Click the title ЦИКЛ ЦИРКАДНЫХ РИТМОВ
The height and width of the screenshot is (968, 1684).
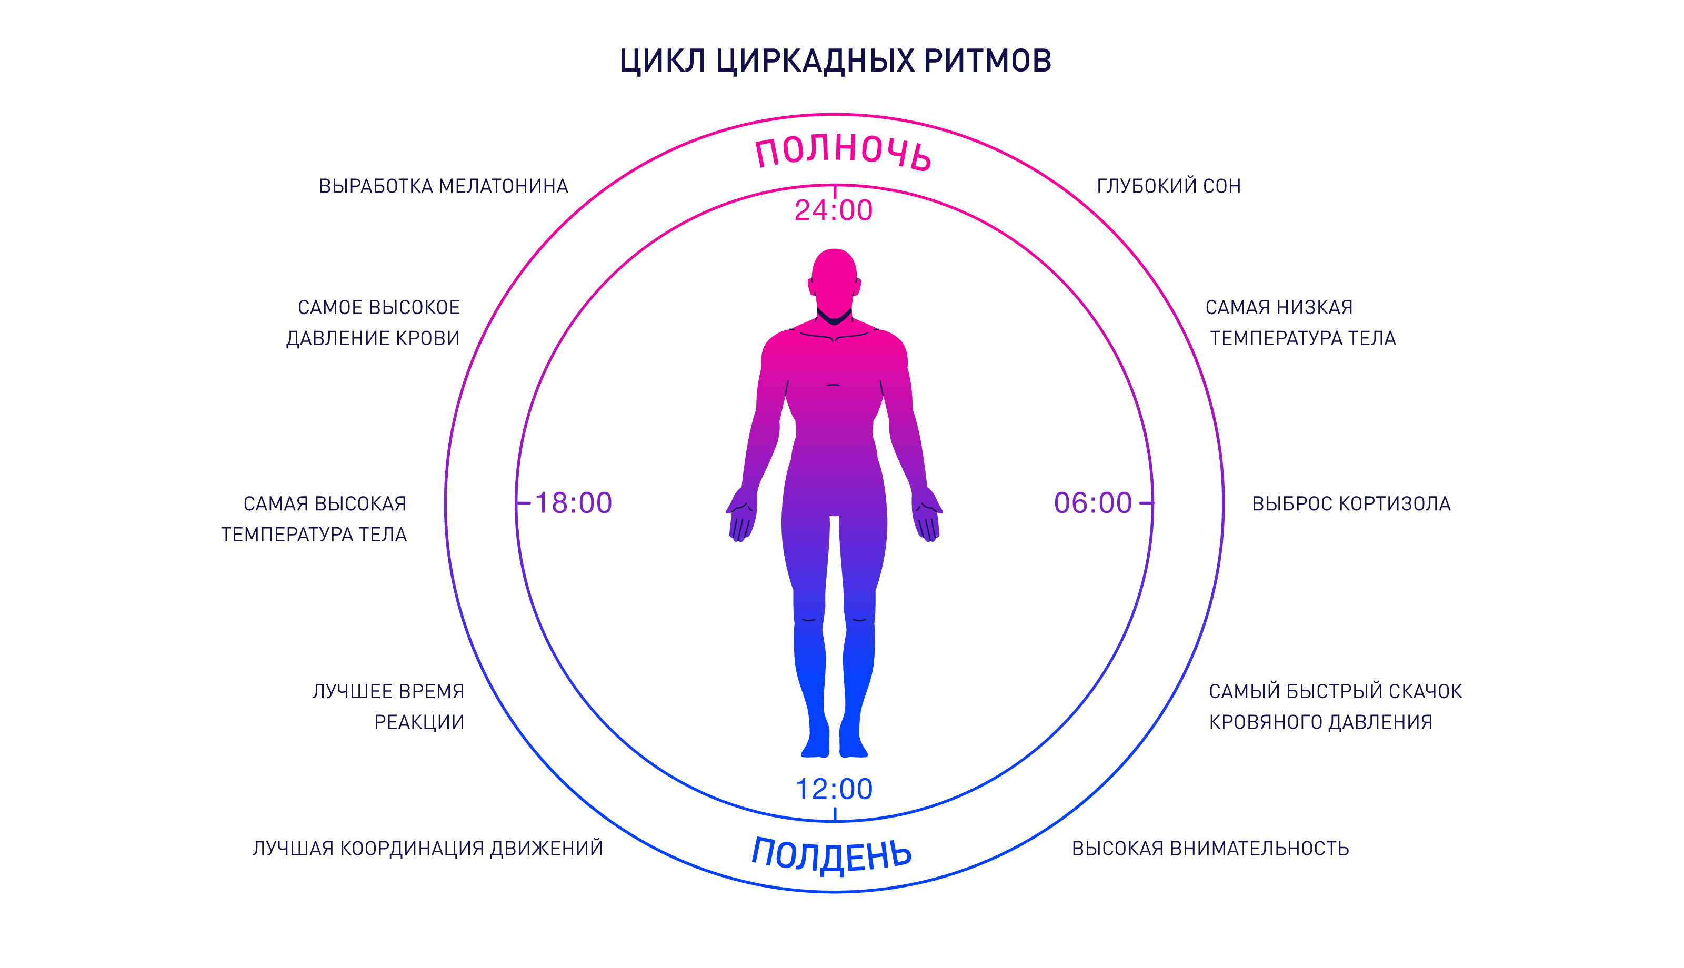pos(835,60)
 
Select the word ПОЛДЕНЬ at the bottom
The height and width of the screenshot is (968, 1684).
pos(831,854)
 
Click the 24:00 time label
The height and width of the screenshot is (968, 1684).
pos(833,211)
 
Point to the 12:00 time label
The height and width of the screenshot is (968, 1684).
pos(834,789)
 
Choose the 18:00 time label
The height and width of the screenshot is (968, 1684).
pos(573,503)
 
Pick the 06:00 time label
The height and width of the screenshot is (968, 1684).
pos(1092,503)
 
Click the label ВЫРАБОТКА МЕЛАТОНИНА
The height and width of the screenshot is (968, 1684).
pos(444,186)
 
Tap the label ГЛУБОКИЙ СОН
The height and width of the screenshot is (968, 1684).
pos(1168,186)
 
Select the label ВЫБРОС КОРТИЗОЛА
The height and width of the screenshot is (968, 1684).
pos(1350,504)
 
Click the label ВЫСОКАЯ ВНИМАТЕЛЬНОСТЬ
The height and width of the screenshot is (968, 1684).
pos(1210,849)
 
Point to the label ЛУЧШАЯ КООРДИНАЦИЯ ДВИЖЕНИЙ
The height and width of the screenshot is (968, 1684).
pos(427,849)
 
